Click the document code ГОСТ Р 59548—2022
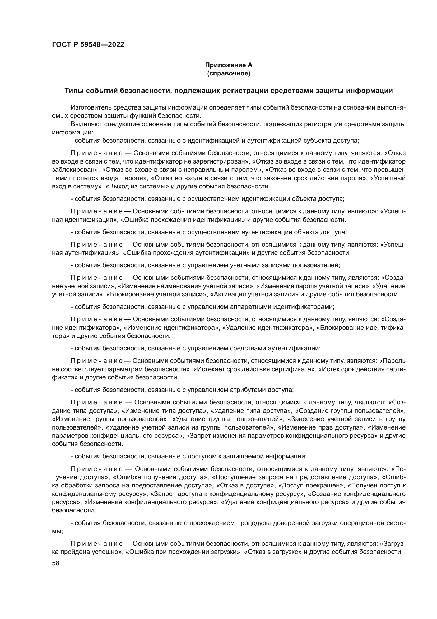(88, 45)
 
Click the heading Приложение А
(229, 65)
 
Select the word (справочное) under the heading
(229, 73)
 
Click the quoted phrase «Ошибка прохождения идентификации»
(183, 219)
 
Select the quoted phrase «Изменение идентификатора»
(171, 328)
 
